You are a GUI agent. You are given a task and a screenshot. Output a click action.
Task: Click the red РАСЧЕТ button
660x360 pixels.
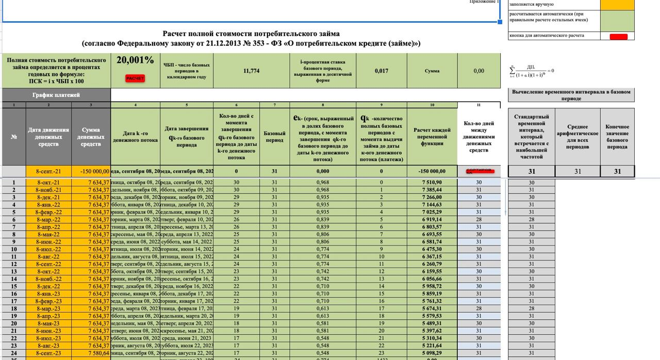point(135,78)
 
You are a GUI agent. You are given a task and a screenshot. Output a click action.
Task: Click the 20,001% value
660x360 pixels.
point(135,60)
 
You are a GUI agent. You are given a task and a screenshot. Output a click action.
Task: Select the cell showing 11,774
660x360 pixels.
point(251,71)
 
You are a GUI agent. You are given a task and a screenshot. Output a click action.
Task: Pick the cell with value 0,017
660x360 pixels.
point(382,71)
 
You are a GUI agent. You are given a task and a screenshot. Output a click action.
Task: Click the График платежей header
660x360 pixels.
point(56,95)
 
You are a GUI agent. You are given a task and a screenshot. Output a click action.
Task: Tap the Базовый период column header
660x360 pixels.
point(274,137)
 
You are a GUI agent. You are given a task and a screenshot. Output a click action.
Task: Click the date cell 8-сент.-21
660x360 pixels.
point(48,171)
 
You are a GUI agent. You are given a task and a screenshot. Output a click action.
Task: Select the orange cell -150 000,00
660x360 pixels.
point(91,171)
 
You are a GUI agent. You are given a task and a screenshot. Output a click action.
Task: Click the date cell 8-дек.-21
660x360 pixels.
point(48,198)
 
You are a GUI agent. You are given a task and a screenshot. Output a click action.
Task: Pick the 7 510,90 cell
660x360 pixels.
point(432,183)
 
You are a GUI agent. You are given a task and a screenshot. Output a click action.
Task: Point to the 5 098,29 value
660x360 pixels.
point(432,353)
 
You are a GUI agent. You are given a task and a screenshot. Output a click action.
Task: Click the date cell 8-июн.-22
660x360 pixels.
point(48,242)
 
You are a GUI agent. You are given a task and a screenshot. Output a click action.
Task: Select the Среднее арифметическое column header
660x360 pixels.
point(577,137)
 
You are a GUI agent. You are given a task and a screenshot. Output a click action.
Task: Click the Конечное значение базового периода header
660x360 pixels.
point(617,137)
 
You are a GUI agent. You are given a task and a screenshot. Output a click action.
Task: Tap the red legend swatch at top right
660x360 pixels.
point(618,37)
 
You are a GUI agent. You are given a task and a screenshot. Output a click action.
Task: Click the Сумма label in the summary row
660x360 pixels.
point(432,71)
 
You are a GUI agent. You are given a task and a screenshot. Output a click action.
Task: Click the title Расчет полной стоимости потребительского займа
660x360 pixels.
point(251,34)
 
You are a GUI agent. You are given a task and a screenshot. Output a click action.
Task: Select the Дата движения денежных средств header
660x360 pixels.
point(48,137)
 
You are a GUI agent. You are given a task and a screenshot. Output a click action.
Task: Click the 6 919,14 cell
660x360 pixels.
point(432,220)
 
